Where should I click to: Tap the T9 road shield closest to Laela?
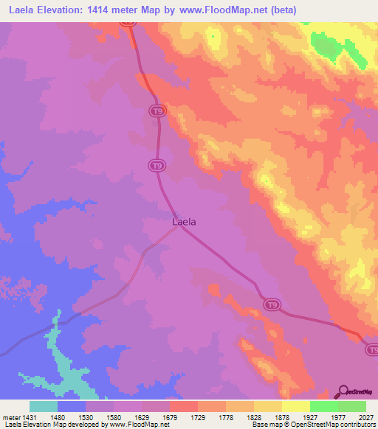156,166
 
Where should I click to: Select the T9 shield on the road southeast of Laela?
272,305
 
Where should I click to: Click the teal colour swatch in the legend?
44,406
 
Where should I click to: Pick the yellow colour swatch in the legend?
295,406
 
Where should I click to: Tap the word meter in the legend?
10,416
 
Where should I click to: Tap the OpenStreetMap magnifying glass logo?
343,391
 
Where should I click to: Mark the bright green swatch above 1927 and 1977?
323,406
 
